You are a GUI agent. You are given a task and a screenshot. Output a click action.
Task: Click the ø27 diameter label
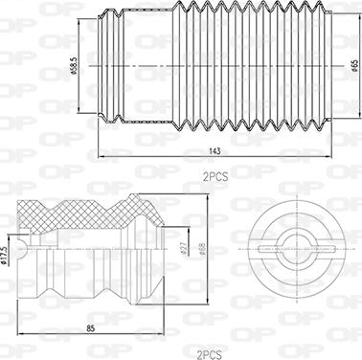[x=182, y=252]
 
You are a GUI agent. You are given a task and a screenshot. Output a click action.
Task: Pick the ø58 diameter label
[x=202, y=252]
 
